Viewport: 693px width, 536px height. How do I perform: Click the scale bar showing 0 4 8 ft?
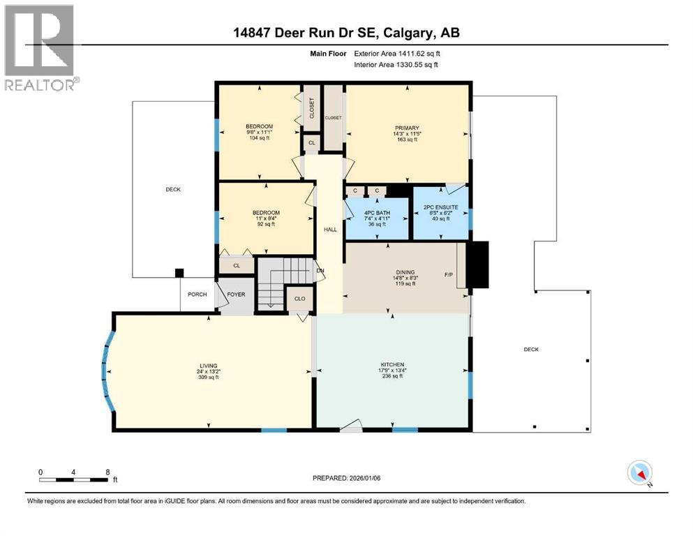point(74,479)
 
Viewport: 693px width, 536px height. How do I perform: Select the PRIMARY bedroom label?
point(406,128)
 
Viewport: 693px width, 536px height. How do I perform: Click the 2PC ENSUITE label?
point(441,207)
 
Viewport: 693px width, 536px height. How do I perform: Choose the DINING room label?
point(405,272)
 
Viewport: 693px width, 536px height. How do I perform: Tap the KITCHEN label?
point(392,364)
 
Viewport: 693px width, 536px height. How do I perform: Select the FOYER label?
point(236,295)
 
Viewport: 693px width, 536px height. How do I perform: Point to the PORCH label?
point(198,295)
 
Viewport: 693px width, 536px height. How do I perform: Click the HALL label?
point(330,228)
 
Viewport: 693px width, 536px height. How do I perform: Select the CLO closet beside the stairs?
point(299,298)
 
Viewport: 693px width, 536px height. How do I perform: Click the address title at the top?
point(346,32)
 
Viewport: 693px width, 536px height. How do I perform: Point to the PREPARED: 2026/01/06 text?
point(347,478)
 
